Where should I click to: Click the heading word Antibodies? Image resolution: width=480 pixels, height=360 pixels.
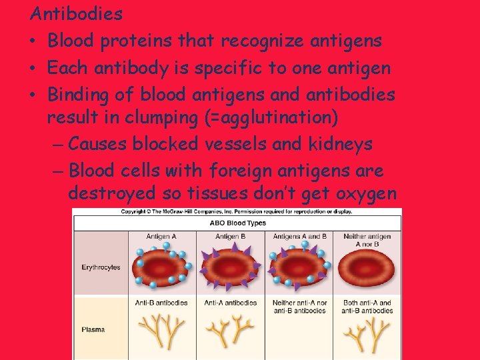click(x=77, y=13)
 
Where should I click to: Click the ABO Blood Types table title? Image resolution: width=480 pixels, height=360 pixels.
click(x=237, y=223)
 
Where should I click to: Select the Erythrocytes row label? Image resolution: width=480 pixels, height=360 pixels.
click(x=101, y=267)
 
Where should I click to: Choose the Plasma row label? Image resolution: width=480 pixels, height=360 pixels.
click(x=93, y=329)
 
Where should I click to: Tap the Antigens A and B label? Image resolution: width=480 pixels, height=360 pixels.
click(x=300, y=236)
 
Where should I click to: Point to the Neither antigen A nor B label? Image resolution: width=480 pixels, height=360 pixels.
click(x=367, y=240)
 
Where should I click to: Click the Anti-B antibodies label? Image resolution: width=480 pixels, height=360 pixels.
click(x=161, y=303)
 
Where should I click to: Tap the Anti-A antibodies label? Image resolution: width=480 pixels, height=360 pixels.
click(x=230, y=303)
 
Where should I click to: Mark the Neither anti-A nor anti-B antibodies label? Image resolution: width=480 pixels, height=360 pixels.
click(x=299, y=307)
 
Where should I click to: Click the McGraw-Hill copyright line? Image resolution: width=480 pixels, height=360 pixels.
click(x=237, y=212)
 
